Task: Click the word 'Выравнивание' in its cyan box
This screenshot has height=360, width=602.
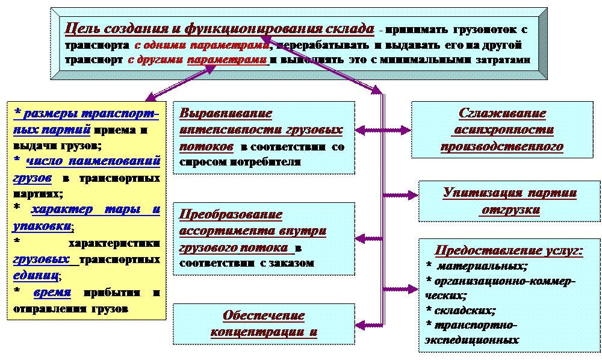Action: pos(226,114)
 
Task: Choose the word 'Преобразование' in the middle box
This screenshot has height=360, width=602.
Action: pos(231,214)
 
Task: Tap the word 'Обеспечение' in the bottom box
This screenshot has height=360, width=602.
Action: pos(264,315)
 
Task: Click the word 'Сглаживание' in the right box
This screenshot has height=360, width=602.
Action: pos(502,114)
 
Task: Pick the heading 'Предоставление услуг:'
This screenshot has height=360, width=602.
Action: pos(509,250)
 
